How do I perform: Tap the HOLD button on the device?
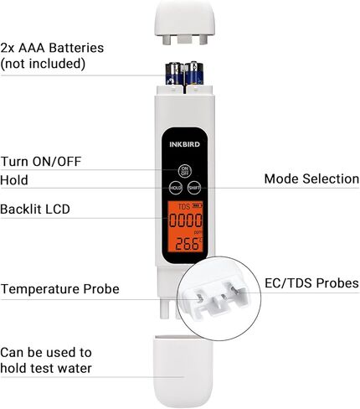[176, 188]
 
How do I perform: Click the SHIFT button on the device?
[194, 188]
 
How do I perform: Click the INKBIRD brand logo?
[185, 144]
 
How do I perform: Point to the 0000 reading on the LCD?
[186, 220]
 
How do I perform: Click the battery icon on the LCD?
[198, 206]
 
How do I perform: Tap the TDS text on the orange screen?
[184, 207]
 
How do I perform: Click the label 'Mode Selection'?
[311, 179]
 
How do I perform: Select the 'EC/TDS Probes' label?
[311, 283]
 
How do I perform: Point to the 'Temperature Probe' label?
[60, 289]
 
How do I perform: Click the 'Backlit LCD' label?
[35, 209]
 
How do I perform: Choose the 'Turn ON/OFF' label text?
[41, 162]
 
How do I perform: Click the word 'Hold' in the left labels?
[14, 180]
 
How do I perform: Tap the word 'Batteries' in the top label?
[76, 48]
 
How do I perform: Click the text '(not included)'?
[43, 64]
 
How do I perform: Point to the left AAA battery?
[175, 73]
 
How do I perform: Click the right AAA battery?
[193, 73]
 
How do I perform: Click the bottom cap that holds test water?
[183, 371]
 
